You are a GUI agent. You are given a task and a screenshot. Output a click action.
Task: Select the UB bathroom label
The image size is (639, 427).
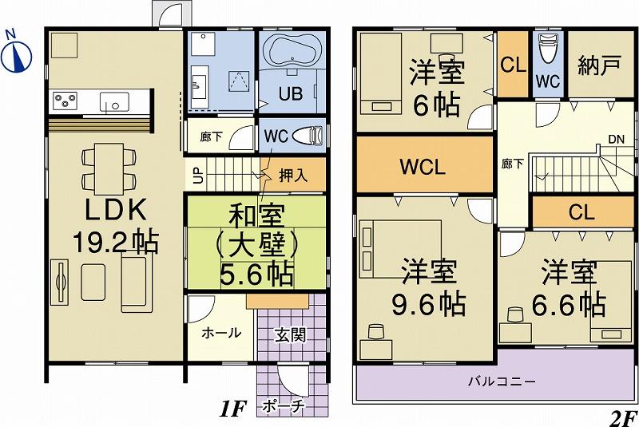(x=290, y=93)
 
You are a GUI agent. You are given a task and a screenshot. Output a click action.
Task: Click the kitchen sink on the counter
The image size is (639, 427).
(x=113, y=102)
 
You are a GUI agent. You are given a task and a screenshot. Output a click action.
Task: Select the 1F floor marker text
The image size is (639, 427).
(x=232, y=411)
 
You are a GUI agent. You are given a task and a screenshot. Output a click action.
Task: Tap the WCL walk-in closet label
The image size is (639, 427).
(x=423, y=168)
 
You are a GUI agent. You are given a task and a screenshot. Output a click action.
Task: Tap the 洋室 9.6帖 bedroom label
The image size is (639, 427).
(x=432, y=287)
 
